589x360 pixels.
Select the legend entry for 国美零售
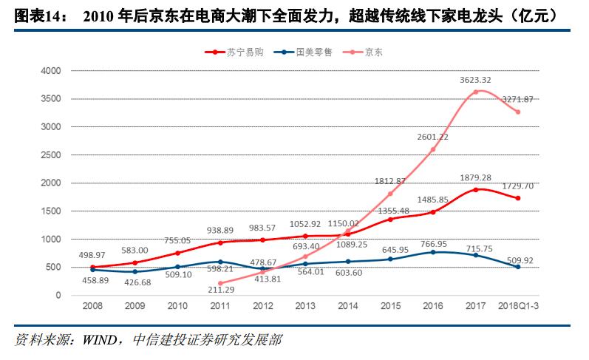click(304, 52)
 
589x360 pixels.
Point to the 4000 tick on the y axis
click(50, 71)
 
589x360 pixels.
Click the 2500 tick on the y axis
click(50, 155)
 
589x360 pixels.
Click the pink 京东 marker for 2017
click(475, 92)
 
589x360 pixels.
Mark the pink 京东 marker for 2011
click(220, 283)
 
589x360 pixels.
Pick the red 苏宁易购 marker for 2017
click(475, 190)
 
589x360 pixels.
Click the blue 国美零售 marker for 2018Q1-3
click(517, 267)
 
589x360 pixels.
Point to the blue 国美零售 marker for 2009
click(135, 272)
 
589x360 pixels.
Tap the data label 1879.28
click(475, 177)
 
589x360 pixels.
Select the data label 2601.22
click(433, 137)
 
